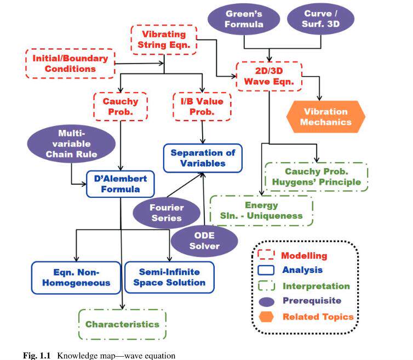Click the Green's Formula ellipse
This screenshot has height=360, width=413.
[x=244, y=19]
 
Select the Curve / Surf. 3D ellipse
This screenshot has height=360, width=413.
[x=320, y=19]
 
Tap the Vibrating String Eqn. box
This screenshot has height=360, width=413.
[x=164, y=40]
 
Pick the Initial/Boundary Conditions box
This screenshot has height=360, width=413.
[x=70, y=64]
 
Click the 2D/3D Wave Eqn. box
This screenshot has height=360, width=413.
[x=269, y=76]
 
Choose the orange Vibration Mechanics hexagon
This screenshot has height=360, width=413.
[x=326, y=117]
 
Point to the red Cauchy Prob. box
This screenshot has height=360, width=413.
[x=121, y=106]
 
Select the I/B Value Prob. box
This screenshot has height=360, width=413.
[x=202, y=106]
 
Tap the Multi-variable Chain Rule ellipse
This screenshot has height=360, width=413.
[x=71, y=144]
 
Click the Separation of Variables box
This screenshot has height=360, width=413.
[x=203, y=158]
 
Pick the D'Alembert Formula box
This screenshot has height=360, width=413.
[x=121, y=184]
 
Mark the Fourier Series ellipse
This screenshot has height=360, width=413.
[x=167, y=213]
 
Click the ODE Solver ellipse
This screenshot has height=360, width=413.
[x=204, y=241]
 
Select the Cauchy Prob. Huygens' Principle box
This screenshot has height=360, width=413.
[x=317, y=177]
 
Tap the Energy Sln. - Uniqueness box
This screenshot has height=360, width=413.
[x=261, y=210]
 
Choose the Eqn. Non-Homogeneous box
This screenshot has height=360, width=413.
[x=76, y=277]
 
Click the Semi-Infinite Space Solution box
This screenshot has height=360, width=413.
[x=169, y=277]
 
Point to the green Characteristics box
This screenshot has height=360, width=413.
[x=123, y=324]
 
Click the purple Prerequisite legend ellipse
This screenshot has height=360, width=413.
[x=266, y=302]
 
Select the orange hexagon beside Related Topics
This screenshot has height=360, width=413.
[x=266, y=317]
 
